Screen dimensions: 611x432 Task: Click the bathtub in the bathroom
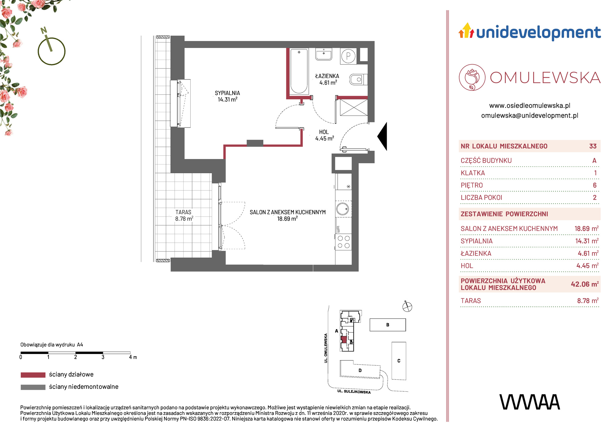point(299,71)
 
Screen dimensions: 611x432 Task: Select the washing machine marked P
point(348,56)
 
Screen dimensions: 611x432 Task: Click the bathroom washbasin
point(324,54)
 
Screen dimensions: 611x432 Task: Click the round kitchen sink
point(343,209)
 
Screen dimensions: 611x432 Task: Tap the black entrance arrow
point(382,136)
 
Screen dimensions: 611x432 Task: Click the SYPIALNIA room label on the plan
point(227,93)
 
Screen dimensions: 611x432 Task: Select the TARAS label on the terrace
point(183,212)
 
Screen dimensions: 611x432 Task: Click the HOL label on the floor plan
point(324,132)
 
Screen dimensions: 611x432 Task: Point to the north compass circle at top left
point(52,51)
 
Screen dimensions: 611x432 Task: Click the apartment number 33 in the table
point(593,146)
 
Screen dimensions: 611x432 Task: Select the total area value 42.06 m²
point(584,284)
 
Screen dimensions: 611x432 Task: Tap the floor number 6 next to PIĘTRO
point(595,185)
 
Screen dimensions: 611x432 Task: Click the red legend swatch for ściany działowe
point(33,375)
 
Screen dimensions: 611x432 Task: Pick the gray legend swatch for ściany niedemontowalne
point(33,387)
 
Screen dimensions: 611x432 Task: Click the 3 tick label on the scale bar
point(103,357)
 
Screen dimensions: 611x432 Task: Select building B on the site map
point(388,325)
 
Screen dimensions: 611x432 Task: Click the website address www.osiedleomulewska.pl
point(530,105)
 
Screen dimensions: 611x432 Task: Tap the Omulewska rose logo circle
point(472,77)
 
